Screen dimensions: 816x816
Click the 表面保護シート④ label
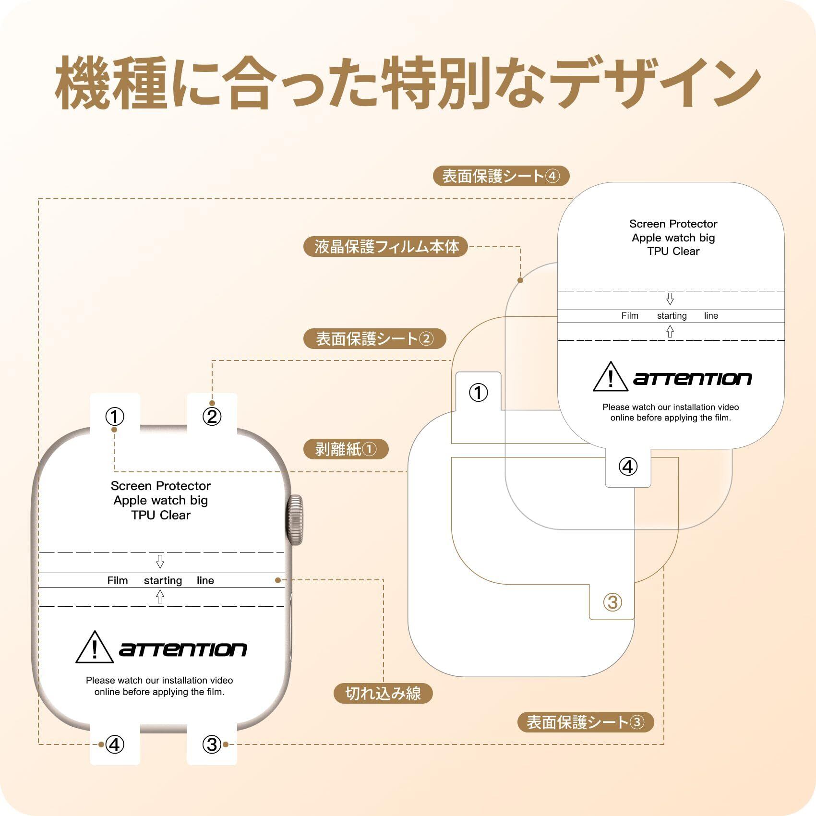pos(501,176)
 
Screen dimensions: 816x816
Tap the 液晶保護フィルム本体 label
pos(386,247)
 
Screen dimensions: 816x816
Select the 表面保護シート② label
pos(374,339)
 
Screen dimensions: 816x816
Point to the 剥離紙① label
pos(346,449)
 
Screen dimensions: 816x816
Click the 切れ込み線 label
pos(383,693)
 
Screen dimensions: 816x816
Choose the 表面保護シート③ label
pos(585,722)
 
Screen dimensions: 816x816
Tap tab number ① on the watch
pos(115,416)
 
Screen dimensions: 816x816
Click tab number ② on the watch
pos(212,416)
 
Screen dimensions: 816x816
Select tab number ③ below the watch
pos(212,744)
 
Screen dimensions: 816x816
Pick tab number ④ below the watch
pos(115,744)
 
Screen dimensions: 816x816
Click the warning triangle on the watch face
pos(95,648)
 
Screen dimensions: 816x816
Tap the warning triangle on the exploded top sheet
pos(610,377)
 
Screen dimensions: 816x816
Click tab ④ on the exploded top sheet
pos(628,466)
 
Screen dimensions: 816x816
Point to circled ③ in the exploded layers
pos(612,602)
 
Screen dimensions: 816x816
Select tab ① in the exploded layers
pos(478,393)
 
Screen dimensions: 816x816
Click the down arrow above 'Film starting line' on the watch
pos(160,561)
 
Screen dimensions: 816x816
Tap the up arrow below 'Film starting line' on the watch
pos(160,597)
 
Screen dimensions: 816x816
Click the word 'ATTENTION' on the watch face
pos(183,650)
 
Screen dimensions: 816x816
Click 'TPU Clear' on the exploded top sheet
pos(673,251)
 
